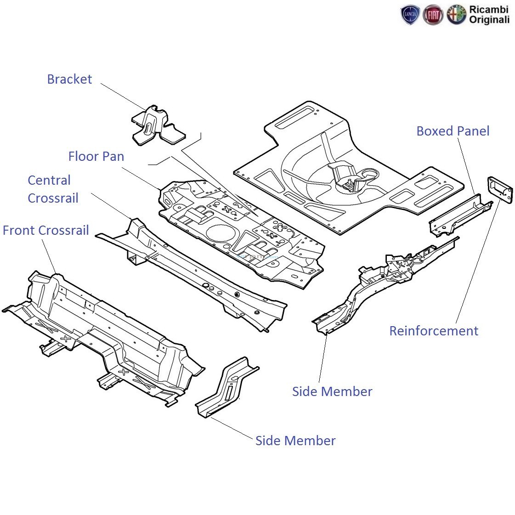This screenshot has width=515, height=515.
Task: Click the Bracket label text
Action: [x=69, y=79]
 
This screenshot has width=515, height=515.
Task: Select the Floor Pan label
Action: [x=96, y=156]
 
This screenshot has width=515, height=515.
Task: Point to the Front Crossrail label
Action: [x=45, y=230]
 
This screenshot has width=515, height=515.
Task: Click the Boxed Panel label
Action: [x=453, y=131]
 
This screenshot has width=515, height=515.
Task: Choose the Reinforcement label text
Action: [x=433, y=331]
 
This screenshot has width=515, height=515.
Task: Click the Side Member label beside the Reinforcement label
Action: [x=332, y=391]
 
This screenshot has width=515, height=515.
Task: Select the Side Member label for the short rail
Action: [x=295, y=441]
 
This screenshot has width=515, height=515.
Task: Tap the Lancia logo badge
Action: [x=409, y=16]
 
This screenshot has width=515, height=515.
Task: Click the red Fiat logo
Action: [x=432, y=16]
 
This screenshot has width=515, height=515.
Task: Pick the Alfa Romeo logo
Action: [x=456, y=16]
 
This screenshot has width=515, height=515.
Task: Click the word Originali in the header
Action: [x=489, y=20]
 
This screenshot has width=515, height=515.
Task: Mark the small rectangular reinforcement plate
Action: [x=500, y=189]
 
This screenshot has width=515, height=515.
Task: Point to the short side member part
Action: [x=227, y=387]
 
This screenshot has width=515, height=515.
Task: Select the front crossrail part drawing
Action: [x=101, y=335]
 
